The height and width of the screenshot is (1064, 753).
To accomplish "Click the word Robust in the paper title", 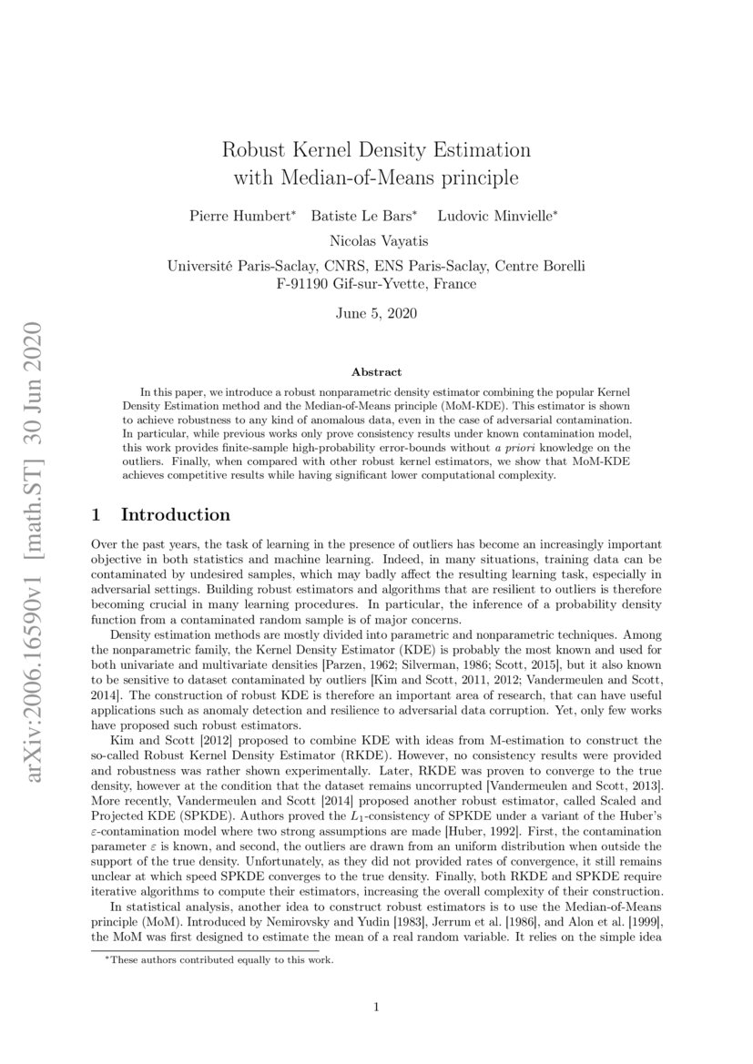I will tap(257, 148).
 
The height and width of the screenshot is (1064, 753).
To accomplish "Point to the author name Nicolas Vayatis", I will tap(376, 240).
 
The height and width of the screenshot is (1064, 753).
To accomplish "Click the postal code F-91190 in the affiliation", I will tap(307, 283).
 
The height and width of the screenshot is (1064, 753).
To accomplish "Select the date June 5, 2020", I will tap(376, 314).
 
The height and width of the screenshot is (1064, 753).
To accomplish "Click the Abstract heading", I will tap(376, 372).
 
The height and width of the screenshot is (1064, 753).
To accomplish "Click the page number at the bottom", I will tap(376, 1007).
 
